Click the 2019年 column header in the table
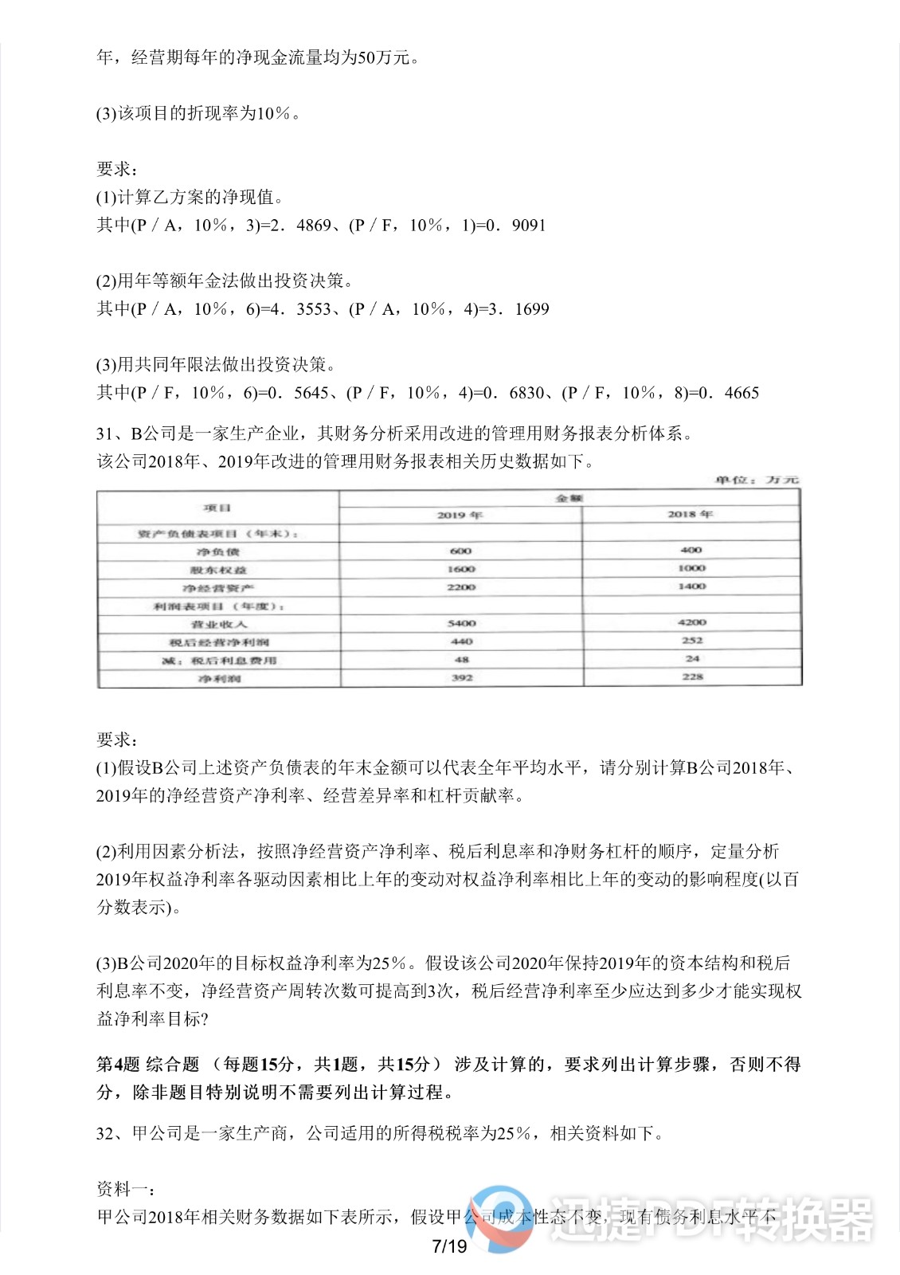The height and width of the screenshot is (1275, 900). (460, 515)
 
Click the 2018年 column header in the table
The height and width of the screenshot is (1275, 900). (690, 514)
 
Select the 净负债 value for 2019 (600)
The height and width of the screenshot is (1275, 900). (460, 551)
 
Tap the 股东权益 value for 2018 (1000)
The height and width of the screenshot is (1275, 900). (691, 568)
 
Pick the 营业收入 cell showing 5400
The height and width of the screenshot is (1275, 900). (461, 623)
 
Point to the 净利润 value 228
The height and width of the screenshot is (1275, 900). (692, 677)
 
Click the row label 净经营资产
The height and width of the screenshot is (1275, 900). (217, 588)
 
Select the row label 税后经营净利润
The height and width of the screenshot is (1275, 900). (217, 642)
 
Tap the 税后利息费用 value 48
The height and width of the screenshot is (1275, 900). (461, 660)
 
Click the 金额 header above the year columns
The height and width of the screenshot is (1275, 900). (569, 498)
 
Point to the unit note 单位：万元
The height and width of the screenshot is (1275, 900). (756, 480)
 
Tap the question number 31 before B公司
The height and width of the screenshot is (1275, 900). (107, 433)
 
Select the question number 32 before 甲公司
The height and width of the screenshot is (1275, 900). (107, 1133)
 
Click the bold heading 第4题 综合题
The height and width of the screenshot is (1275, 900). (147, 1065)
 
